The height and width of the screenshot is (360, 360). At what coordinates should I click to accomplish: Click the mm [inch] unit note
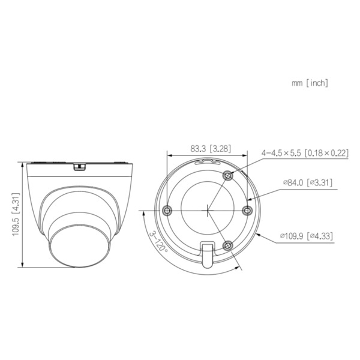[310, 83]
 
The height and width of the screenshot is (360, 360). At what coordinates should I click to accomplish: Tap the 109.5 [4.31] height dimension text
[16, 214]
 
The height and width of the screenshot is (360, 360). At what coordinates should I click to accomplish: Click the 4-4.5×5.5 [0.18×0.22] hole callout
[304, 153]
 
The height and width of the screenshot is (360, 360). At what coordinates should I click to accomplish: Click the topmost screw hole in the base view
[228, 175]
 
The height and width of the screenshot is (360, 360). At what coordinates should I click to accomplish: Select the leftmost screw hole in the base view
[167, 210]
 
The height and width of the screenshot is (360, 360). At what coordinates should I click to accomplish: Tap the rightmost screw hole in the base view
[247, 210]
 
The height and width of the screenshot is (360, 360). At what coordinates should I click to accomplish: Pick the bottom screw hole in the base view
[228, 245]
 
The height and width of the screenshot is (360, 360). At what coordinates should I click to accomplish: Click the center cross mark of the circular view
[207, 210]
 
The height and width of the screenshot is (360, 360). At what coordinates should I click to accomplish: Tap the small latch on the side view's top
[77, 166]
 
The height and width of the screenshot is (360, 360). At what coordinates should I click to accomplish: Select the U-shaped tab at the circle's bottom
[207, 254]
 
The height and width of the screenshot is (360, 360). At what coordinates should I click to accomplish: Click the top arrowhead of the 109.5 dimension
[22, 163]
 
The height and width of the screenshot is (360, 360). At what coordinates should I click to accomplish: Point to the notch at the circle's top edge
[207, 161]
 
